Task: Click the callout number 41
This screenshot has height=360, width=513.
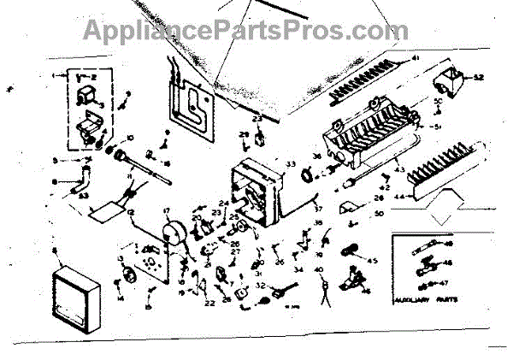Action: click(416, 57)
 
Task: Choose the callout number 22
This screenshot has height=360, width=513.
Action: click(209, 303)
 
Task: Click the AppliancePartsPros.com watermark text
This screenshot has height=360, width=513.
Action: click(233, 32)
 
